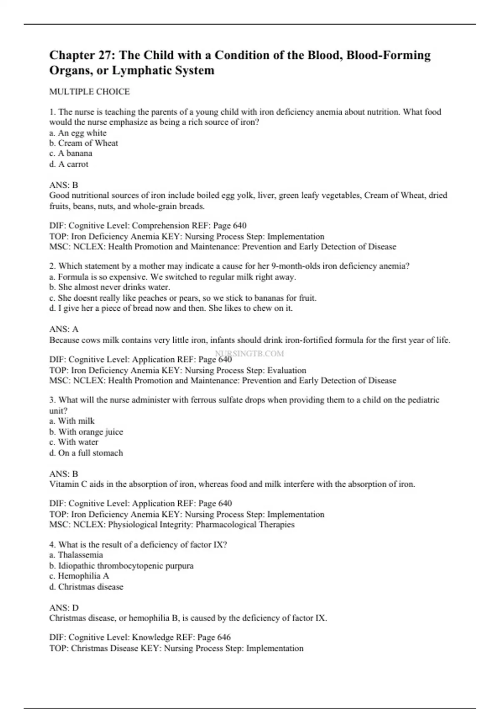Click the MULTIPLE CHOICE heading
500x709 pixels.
coord(89,91)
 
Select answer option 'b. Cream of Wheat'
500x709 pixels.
coord(83,143)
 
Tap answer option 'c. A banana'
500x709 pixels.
coord(70,153)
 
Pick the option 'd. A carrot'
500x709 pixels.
coord(69,164)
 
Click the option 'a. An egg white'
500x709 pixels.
coord(77,133)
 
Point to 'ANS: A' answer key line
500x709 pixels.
coord(64,329)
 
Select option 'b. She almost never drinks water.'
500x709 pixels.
coord(110,287)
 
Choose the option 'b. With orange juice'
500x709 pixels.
coord(86,432)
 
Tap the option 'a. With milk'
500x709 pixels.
coord(72,421)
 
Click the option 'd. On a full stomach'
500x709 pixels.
coord(86,453)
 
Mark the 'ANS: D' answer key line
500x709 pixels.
coord(64,608)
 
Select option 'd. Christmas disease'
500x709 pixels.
coord(86,586)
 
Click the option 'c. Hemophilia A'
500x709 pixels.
coord(79,576)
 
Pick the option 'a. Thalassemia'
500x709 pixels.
coord(76,555)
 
